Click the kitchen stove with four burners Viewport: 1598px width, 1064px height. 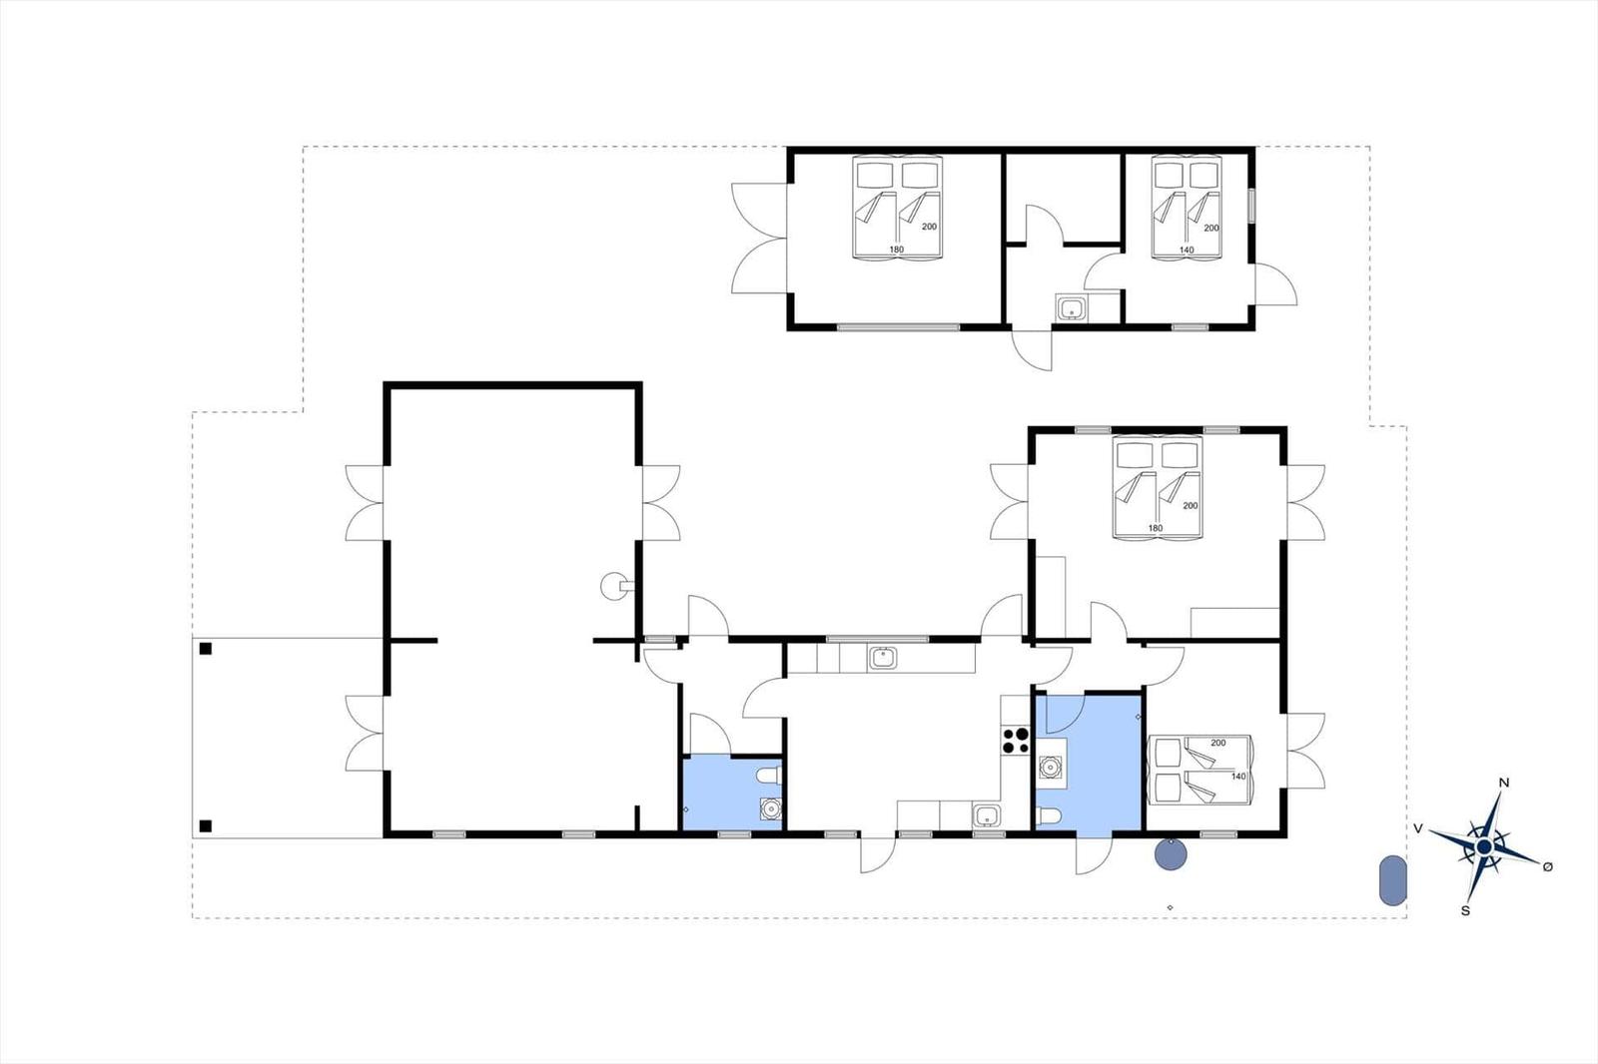point(1016,740)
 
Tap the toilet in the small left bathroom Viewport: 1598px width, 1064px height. point(767,776)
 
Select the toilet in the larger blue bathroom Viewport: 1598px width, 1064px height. point(1048,817)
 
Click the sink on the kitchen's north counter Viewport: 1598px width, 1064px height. point(882,658)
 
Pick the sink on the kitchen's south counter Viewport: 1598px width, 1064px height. point(987,816)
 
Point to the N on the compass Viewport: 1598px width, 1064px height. point(1504,783)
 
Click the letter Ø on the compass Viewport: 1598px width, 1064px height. point(1547,866)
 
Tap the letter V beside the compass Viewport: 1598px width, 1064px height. point(1417,828)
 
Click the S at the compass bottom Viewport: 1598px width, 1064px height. point(1465,910)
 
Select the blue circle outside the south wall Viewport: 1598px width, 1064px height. point(1170,854)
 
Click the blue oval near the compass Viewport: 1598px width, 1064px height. point(1391,880)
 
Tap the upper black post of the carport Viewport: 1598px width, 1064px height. point(206,649)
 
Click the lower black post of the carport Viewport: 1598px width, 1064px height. point(206,825)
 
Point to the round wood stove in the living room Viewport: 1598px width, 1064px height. point(611,587)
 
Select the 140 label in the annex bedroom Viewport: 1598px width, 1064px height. point(1186,251)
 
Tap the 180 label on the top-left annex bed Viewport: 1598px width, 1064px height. point(896,250)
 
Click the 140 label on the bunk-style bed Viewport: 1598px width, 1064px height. point(1238,776)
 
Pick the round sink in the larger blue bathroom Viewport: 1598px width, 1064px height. point(1050,767)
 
